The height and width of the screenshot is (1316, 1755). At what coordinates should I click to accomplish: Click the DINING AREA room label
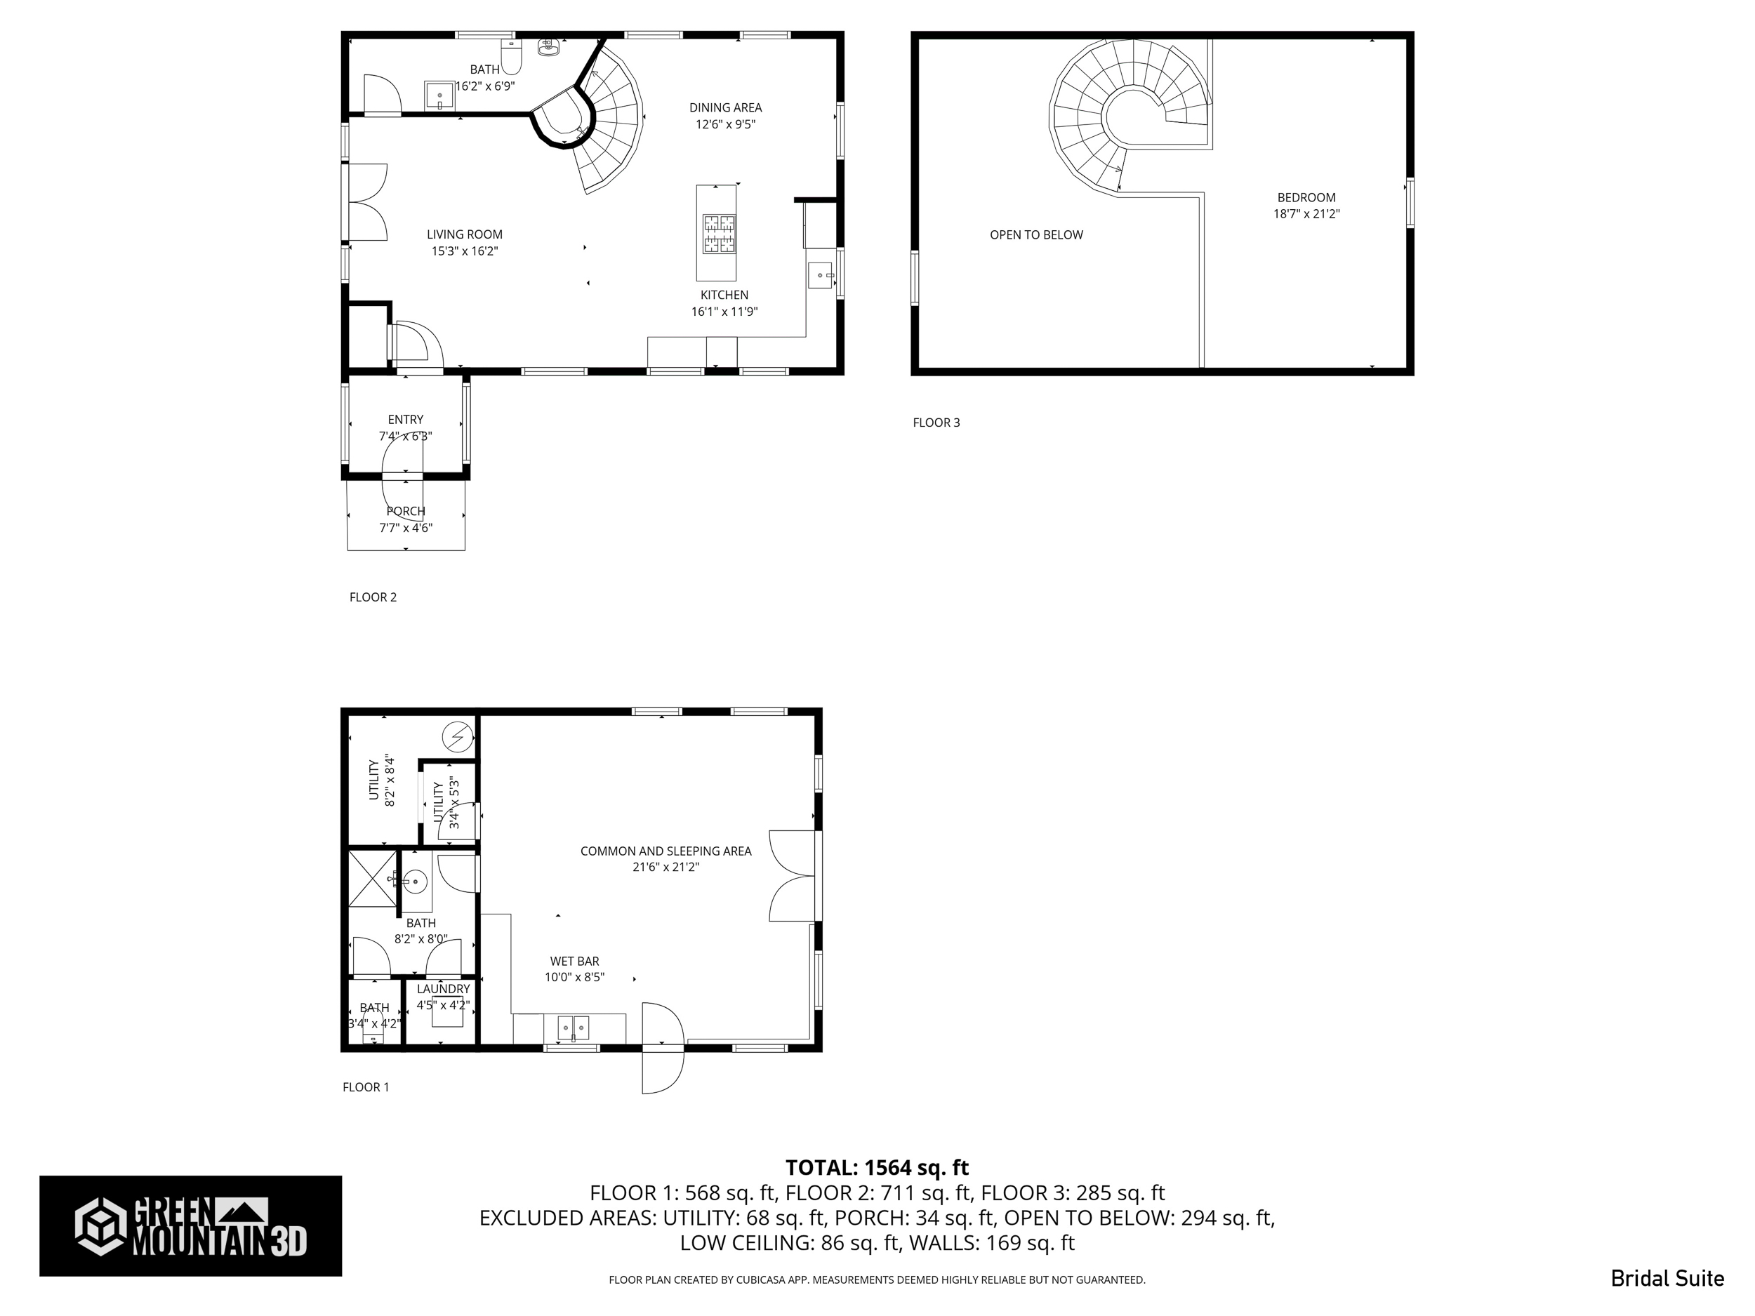(x=725, y=108)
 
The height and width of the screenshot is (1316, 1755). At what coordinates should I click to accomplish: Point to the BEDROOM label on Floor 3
(x=1306, y=197)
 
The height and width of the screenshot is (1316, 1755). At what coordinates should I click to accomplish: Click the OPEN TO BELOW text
(x=1036, y=235)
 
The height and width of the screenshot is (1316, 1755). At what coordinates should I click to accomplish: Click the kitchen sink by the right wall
(x=821, y=275)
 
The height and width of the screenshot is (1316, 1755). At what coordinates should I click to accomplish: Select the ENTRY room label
(x=406, y=420)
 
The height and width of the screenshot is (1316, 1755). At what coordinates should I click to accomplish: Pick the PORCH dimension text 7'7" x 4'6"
(x=406, y=529)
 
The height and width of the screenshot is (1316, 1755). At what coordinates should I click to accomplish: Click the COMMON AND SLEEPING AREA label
(x=665, y=851)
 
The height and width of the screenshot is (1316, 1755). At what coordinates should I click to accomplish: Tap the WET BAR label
(x=574, y=962)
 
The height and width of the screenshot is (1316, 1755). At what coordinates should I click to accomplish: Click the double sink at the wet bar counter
(x=573, y=1028)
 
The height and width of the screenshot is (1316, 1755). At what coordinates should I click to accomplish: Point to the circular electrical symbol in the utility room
(x=456, y=737)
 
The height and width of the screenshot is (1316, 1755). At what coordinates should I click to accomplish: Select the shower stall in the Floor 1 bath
(x=372, y=877)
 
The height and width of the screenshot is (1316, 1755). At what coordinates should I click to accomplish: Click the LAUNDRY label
(x=443, y=989)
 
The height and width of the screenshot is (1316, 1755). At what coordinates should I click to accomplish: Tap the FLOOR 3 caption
(x=936, y=423)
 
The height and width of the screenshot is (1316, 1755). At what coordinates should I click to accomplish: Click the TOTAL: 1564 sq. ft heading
(x=877, y=1168)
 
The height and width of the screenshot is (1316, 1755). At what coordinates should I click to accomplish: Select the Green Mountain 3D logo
(x=190, y=1225)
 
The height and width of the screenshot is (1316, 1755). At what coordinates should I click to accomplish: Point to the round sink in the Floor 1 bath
(x=415, y=882)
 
